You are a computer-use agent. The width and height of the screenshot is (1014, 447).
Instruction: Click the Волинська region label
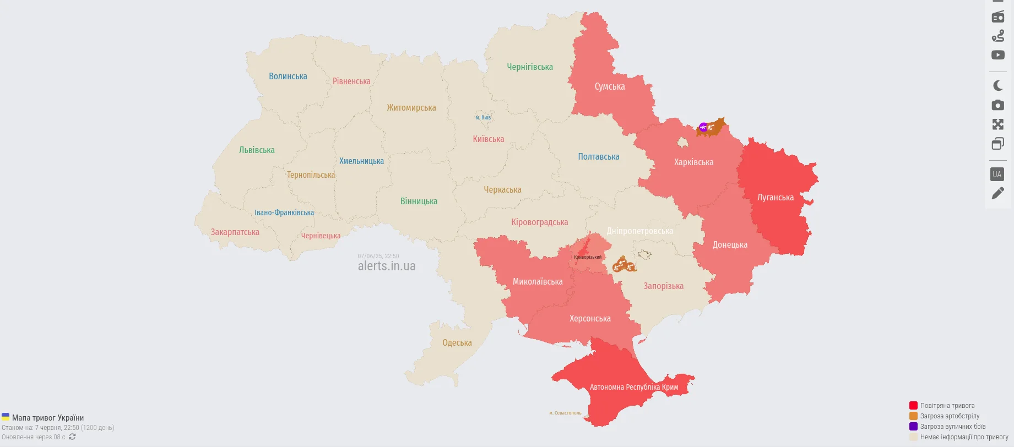[x=288, y=77]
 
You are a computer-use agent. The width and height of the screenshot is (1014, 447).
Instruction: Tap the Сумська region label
[x=609, y=86]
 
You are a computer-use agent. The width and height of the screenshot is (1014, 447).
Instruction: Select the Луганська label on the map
[x=775, y=198]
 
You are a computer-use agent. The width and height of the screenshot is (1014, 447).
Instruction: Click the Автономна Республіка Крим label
[x=633, y=387]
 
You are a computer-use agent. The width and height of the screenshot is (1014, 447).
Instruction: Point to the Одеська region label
[x=457, y=343]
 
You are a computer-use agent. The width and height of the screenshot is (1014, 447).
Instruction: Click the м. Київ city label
[x=483, y=117]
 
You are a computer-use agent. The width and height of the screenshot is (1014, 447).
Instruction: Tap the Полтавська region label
[x=598, y=157]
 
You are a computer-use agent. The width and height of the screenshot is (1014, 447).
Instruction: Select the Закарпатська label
[x=235, y=232]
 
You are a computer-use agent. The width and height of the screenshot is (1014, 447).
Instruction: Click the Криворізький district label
[x=588, y=257]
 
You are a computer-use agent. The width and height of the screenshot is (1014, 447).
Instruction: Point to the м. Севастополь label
[x=565, y=413]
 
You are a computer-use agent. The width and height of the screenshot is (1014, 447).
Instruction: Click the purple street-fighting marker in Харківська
[x=703, y=128]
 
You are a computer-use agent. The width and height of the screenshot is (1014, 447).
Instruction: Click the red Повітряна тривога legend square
[x=913, y=406]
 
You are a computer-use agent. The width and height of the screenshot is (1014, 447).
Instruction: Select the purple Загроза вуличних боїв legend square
[x=913, y=427]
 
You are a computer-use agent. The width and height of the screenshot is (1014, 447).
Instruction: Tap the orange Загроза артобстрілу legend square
[x=913, y=416]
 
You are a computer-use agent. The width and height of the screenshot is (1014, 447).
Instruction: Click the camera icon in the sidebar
[x=997, y=105]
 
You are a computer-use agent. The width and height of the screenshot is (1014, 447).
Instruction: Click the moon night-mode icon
[x=997, y=85]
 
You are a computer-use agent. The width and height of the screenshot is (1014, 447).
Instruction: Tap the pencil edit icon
[x=997, y=193]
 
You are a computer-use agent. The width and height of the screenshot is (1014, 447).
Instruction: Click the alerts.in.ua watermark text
[x=386, y=266]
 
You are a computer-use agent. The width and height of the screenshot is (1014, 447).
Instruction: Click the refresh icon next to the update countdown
[x=72, y=437]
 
